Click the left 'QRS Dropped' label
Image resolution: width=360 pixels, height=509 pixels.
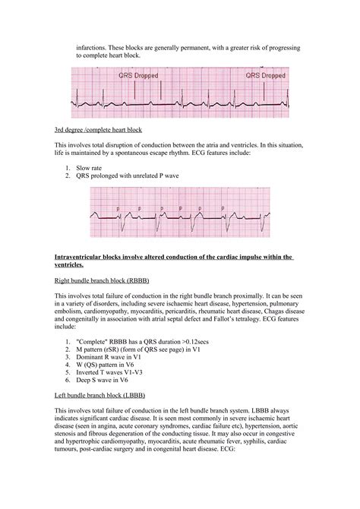pos(139,76)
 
